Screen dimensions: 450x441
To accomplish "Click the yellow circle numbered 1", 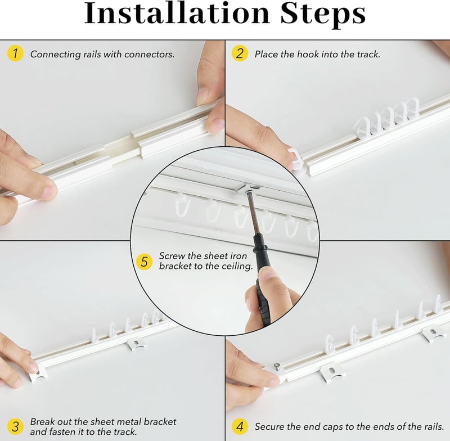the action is [15, 53].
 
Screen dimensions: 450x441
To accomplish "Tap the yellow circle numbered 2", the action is [240, 53].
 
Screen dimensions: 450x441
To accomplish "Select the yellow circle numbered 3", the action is [15, 426].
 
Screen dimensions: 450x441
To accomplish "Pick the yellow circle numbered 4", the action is [240, 426].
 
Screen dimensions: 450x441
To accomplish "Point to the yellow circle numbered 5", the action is [144, 262].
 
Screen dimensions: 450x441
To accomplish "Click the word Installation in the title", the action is [177, 13].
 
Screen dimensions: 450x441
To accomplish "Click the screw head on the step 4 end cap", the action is [277, 365].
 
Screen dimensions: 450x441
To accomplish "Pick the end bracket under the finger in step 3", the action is [38, 373].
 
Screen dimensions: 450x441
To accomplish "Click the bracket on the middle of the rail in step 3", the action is [137, 344].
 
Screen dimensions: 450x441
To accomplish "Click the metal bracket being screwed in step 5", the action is [247, 188].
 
